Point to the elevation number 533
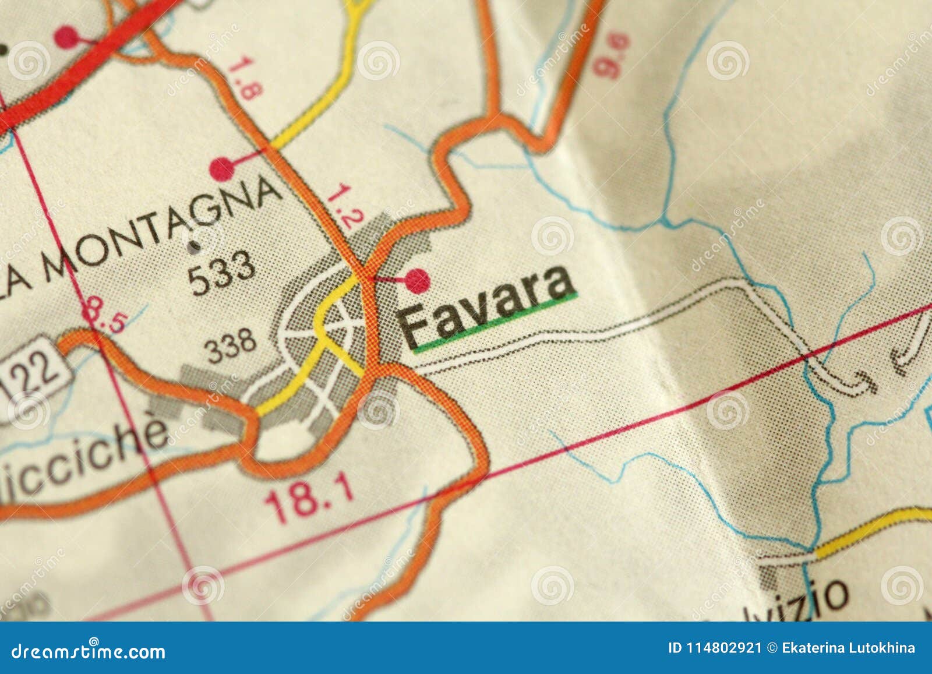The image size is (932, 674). pyautogui.click(x=222, y=271)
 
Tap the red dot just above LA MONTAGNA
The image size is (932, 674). pyautogui.click(x=222, y=168)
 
